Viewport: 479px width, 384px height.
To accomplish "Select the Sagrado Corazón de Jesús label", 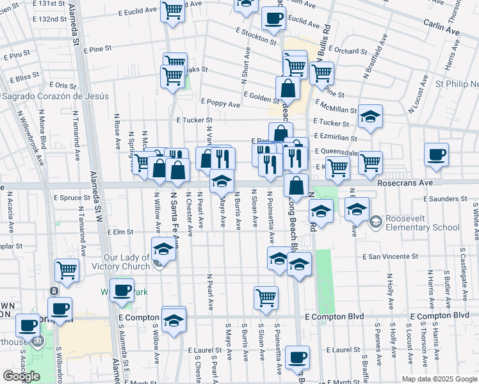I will [x=55, y=96].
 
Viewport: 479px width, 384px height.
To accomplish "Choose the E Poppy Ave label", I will [x=220, y=103].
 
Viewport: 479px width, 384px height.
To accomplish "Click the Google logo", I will [x=21, y=376].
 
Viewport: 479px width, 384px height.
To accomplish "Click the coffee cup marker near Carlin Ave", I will [x=273, y=19].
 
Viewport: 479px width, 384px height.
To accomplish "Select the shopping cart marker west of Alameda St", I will [x=67, y=270].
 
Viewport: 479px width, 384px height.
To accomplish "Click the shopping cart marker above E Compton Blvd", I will [x=266, y=297].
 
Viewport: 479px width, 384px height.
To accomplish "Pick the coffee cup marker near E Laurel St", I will [x=296, y=357].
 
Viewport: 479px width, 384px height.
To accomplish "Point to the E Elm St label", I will [x=120, y=232].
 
